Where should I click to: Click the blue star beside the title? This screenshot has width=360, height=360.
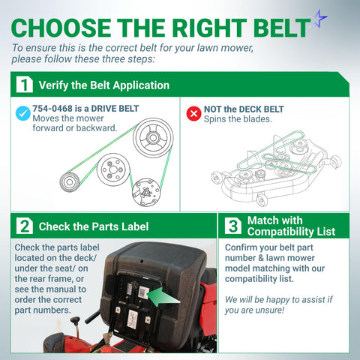(x=319, y=19)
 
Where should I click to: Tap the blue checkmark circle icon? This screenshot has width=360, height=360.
(x=23, y=113)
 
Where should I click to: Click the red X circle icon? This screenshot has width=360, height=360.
(x=193, y=113)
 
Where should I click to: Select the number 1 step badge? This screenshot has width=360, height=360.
(x=24, y=85)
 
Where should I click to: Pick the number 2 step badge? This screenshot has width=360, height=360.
(x=25, y=226)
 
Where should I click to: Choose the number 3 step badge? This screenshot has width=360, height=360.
(x=233, y=226)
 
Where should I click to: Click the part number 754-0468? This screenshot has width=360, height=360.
(x=52, y=109)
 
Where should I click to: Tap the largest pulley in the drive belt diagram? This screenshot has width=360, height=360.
(x=153, y=138)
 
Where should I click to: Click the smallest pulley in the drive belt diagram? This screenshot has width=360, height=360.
(x=70, y=182)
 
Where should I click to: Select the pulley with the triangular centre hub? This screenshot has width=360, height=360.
(x=146, y=193)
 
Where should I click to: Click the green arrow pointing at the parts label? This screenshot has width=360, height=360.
(x=163, y=297)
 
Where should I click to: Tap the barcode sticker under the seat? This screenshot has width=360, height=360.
(x=143, y=292)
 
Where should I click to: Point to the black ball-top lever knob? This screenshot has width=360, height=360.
(x=75, y=319)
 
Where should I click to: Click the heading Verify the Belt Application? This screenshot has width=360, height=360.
(x=104, y=85)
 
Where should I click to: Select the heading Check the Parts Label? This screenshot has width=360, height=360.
(x=94, y=226)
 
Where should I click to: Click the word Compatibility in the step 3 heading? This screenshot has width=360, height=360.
(x=280, y=232)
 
